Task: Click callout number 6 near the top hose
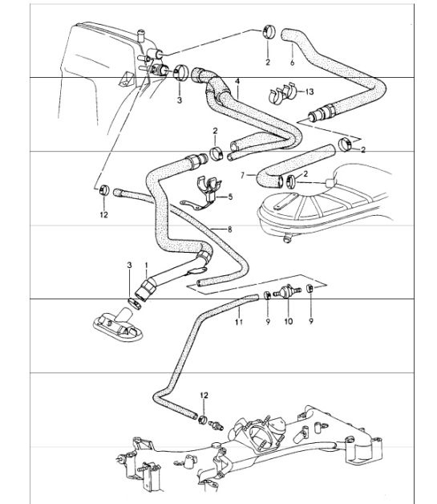[x=292, y=62]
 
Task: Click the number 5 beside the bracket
[x=229, y=196]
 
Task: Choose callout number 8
[x=229, y=230]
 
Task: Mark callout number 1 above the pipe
[x=145, y=265]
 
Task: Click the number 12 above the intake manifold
[x=205, y=395]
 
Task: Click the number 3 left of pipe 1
[x=130, y=265]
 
